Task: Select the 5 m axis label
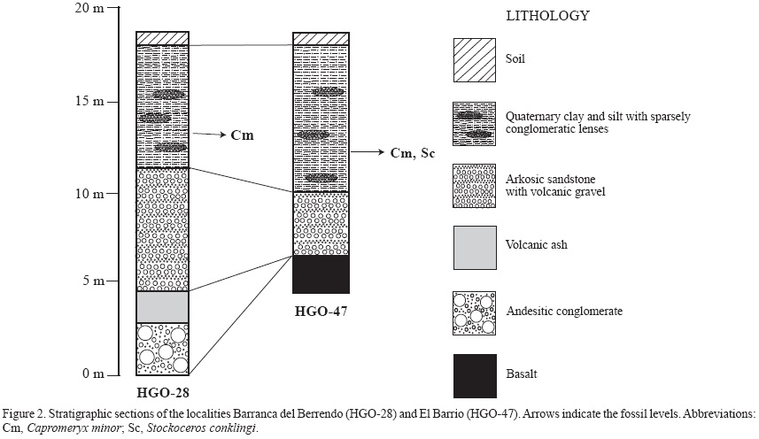pyautogui.click(x=87, y=282)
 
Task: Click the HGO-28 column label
pyautogui.click(x=164, y=391)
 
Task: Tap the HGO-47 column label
pyautogui.click(x=321, y=311)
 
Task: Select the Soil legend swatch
pyautogui.click(x=475, y=59)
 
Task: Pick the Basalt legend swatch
pyautogui.click(x=475, y=376)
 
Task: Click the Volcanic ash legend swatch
pyautogui.click(x=475, y=248)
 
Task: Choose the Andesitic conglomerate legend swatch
pyautogui.click(x=475, y=312)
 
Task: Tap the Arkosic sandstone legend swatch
pyautogui.click(x=475, y=185)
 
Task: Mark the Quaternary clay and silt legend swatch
pyautogui.click(x=475, y=123)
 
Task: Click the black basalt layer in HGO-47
pyautogui.click(x=321, y=273)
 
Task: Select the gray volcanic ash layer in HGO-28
pyautogui.click(x=162, y=306)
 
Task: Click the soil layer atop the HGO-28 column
pyautogui.click(x=162, y=38)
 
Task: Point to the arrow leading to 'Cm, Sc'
pyautogui.click(x=365, y=152)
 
